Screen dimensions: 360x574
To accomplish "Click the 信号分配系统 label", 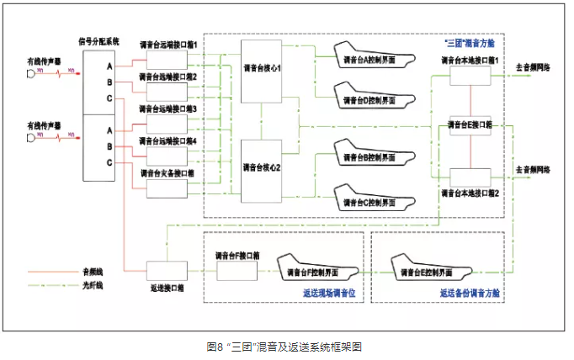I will [98, 40].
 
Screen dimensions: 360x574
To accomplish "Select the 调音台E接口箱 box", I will [471, 124].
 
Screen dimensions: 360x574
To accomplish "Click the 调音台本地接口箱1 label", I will [470, 61].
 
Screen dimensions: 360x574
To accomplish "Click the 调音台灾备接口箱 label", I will [168, 174].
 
